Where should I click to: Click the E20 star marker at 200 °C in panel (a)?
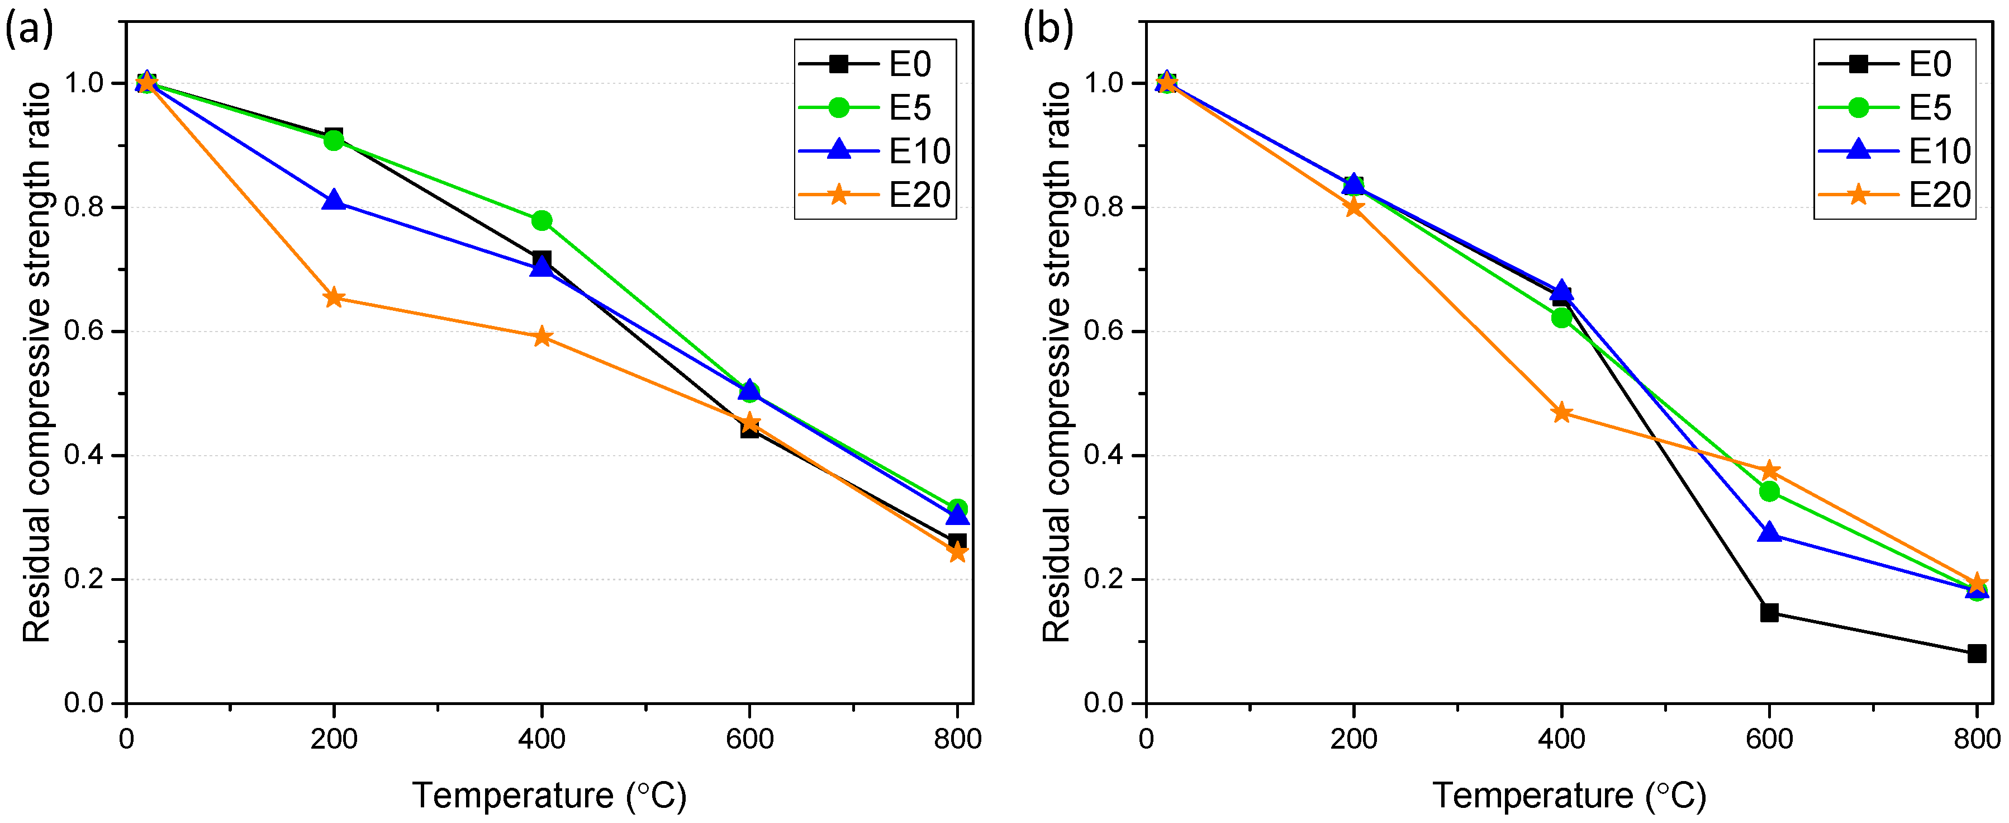(334, 297)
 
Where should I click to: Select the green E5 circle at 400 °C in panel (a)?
(542, 221)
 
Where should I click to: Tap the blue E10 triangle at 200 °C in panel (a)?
(334, 200)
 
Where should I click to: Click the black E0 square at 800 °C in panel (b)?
(1976, 654)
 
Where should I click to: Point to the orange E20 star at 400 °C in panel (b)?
(1561, 413)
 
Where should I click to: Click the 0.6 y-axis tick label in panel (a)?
(84, 331)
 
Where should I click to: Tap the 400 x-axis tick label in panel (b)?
(1561, 738)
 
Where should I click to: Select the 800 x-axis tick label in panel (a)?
(957, 738)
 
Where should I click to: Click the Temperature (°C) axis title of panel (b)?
(1569, 796)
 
